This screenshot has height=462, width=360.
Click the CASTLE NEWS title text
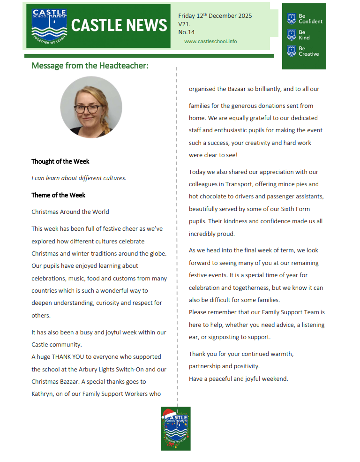pos(119,25)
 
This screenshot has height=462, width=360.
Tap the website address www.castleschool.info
pos(210,41)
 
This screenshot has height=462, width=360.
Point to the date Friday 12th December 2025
pos(215,16)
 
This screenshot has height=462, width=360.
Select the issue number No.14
pos(186,32)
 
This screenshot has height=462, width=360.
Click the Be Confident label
pos(310,19)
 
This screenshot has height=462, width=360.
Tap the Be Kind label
pos(304,35)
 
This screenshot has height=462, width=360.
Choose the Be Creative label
pos(308,51)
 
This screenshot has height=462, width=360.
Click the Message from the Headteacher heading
pos(90,66)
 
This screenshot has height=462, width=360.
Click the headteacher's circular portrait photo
pos(91,107)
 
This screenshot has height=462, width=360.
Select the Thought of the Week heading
pos(60,161)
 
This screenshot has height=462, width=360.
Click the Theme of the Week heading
pos(59,195)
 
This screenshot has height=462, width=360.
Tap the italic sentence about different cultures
pos(79,178)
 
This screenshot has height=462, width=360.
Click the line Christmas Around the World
pos(70,212)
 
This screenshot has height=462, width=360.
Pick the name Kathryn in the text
pos(43,394)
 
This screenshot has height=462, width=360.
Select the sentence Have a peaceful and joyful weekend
pos(239,379)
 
